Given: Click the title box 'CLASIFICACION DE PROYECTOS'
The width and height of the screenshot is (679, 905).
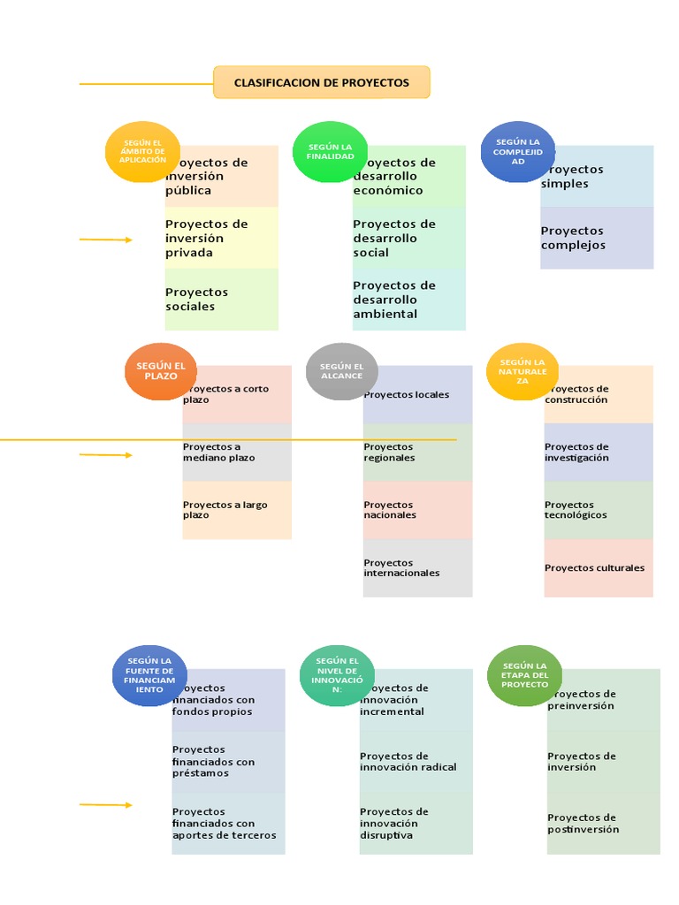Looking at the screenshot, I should click(322, 82).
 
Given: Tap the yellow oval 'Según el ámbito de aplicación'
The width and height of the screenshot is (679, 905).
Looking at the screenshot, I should click(142, 152).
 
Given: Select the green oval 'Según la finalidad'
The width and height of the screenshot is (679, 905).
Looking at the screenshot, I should click(330, 152).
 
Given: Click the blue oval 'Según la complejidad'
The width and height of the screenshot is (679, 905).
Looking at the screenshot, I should click(518, 152).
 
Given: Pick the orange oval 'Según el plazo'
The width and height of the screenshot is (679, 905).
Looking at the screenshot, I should click(161, 371).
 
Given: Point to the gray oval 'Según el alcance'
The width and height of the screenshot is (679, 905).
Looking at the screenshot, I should click(341, 371).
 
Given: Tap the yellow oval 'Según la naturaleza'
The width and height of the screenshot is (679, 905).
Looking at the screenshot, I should click(522, 371).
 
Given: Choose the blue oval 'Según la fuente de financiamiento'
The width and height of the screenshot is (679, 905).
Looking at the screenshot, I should click(149, 676).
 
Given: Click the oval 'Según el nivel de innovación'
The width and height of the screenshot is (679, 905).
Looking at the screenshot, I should click(337, 676).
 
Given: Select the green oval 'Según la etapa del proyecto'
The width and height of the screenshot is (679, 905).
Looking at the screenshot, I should click(525, 676).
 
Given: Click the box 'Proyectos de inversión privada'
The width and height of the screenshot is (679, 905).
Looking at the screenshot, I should click(221, 238).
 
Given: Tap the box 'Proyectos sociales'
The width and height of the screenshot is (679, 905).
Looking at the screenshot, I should click(221, 300).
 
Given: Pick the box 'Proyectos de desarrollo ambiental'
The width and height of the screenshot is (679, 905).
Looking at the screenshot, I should click(408, 300).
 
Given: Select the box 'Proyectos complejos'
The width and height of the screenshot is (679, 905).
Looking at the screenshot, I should click(597, 238).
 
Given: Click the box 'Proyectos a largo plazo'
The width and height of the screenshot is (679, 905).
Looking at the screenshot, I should click(237, 510).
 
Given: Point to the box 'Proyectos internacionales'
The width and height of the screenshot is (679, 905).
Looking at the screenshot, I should click(417, 567).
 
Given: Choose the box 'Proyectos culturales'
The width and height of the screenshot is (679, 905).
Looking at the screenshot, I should click(599, 568).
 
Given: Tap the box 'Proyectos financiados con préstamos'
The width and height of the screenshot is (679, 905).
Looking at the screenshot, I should click(228, 761).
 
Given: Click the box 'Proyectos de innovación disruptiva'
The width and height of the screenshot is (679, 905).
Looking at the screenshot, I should click(416, 823).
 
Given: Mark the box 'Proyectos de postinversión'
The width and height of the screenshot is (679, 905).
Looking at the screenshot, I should click(603, 823).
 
